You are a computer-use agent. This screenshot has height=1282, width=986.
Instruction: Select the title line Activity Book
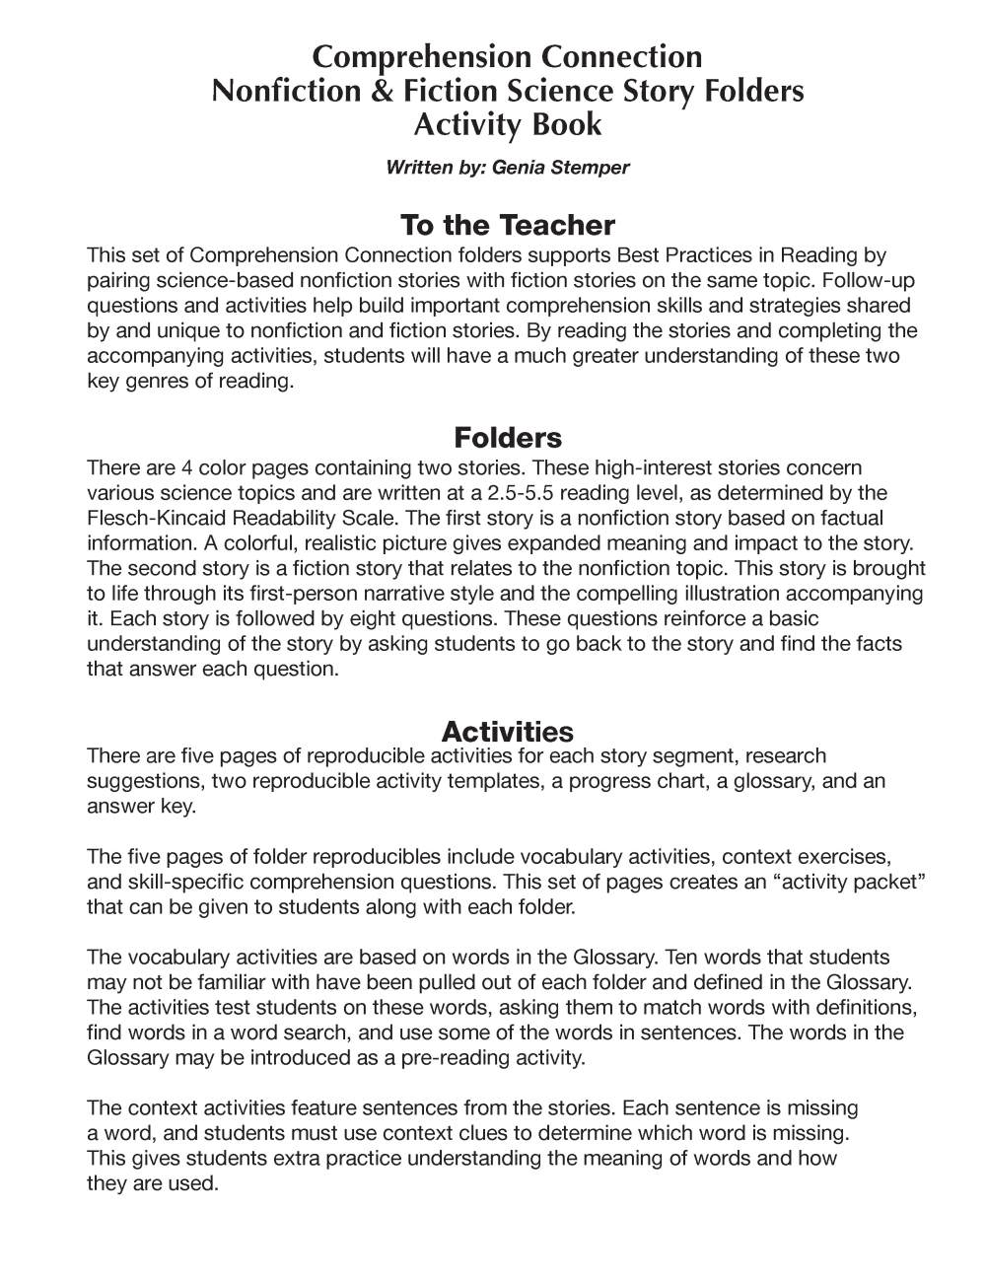click(507, 125)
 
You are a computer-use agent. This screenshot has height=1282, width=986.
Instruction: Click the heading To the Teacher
click(507, 225)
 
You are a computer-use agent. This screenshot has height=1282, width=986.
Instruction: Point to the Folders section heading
click(507, 437)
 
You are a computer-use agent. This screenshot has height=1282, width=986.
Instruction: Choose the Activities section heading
click(507, 732)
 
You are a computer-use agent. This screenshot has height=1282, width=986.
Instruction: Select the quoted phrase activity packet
click(847, 882)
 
